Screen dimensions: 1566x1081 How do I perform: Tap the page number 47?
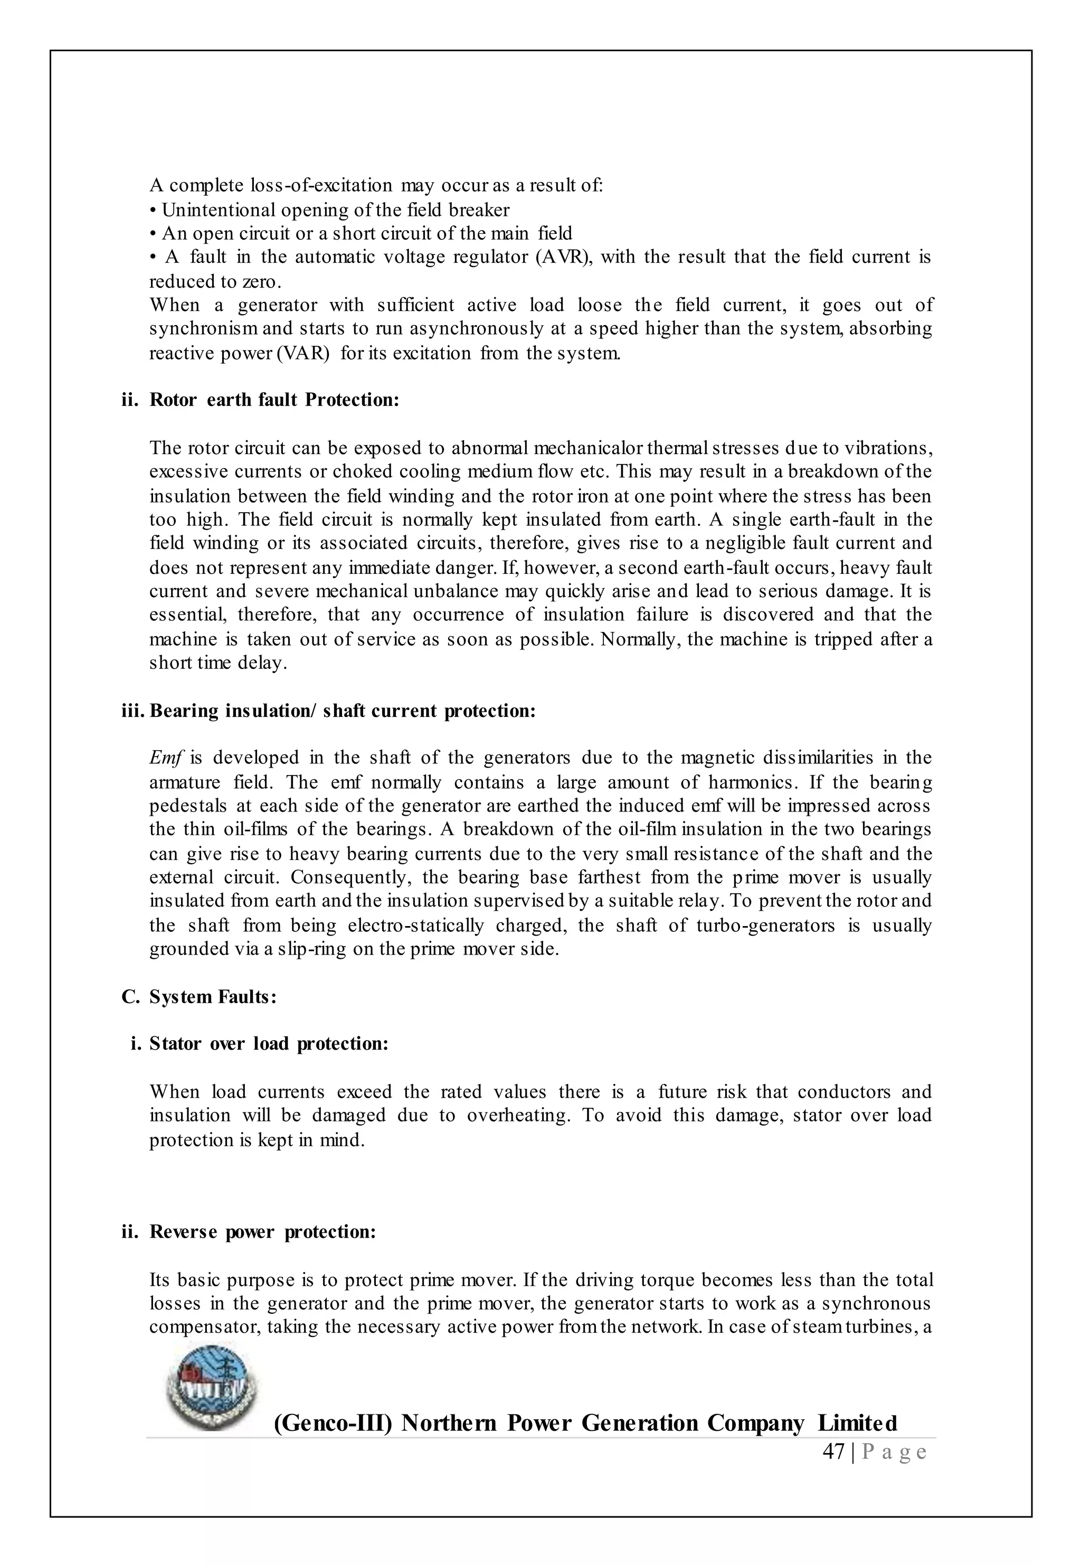tap(833, 1452)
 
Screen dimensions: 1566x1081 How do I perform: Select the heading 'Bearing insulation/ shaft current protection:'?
tap(342, 711)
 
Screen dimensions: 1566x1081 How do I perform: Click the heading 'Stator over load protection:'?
tap(269, 1043)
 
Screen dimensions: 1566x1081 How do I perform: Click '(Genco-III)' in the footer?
tap(333, 1422)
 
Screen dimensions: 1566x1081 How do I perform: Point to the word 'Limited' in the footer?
tap(857, 1422)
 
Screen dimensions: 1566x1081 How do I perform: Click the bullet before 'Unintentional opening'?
tap(153, 210)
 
